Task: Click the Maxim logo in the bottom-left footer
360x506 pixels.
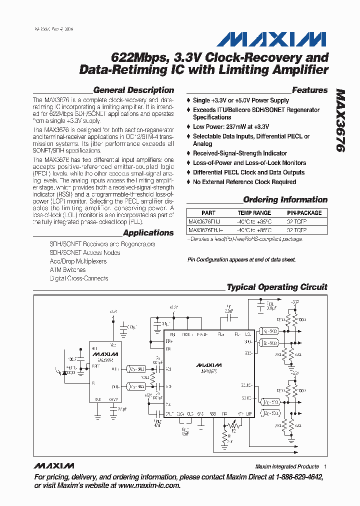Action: tap(53, 466)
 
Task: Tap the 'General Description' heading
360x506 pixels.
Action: tap(133, 90)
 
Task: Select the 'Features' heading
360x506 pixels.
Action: tap(309, 90)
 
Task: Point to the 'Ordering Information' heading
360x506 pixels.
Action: tap(285, 200)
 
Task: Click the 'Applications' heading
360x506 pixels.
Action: tap(148, 233)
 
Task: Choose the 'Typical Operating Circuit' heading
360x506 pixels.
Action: tap(277, 287)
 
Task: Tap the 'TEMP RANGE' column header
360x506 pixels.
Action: tap(254, 213)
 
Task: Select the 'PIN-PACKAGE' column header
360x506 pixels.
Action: tap(304, 213)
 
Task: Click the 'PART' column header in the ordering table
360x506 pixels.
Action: tap(208, 213)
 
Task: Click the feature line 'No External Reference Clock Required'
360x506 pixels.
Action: tap(244, 182)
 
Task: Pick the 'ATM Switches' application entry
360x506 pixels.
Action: tap(67, 270)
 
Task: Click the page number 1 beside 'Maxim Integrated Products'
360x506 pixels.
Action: tap(325, 466)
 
